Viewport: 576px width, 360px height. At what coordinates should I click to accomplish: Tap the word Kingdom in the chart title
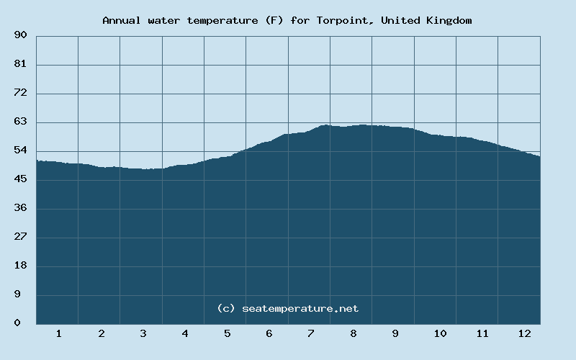coord(449,20)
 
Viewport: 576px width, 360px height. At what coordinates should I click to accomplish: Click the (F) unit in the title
coord(274,20)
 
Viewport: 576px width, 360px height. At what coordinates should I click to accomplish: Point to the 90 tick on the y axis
coord(20,35)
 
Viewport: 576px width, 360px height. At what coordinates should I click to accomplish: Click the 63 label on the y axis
coord(20,122)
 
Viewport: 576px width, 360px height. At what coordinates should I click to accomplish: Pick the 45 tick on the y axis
coord(20,179)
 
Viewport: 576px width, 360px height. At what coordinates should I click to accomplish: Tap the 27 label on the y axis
coord(20,237)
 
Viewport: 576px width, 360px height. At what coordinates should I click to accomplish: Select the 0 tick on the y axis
coord(17,323)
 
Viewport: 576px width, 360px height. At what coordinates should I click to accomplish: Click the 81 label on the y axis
coord(20,64)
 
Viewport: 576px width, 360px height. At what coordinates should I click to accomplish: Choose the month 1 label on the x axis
coord(58,333)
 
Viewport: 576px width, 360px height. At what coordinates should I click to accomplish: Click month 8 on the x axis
coord(353,333)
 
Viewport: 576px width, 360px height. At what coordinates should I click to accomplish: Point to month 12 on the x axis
coord(524,333)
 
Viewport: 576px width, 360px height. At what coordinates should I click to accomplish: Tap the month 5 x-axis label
coord(227,333)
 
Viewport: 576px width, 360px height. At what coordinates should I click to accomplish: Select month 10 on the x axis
coord(440,333)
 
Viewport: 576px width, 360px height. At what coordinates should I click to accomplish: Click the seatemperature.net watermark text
coord(300,308)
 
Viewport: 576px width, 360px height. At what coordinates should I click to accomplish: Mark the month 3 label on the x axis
coord(143,333)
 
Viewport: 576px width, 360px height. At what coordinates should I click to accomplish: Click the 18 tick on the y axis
coord(20,266)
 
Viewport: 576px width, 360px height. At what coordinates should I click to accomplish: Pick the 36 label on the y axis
coord(20,208)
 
